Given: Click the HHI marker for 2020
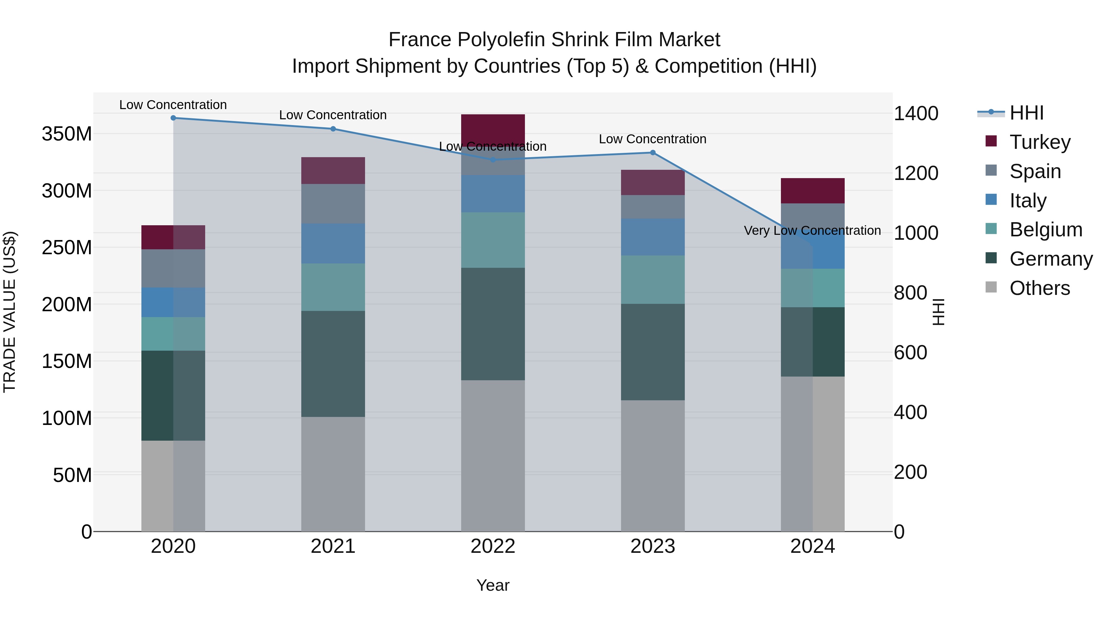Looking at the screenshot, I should [x=173, y=118].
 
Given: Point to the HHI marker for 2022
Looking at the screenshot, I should [x=493, y=160].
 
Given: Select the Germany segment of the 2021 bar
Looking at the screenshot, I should [x=333, y=364].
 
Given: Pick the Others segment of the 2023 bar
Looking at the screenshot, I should [x=653, y=465].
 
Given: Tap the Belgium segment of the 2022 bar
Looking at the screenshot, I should [x=493, y=240].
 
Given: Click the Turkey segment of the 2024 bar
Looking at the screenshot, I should [x=812, y=190].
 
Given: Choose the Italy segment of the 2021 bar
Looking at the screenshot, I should [x=333, y=243].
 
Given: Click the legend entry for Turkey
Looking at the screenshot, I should [x=1040, y=142].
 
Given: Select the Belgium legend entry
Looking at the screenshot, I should [x=1046, y=230].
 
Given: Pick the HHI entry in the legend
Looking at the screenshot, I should [x=1026, y=113].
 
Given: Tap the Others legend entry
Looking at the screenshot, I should [x=1039, y=288].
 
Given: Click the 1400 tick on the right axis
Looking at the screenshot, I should [x=916, y=114].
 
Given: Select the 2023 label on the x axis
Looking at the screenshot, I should [x=653, y=546].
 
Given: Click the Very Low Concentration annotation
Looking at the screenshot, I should [x=812, y=231].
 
